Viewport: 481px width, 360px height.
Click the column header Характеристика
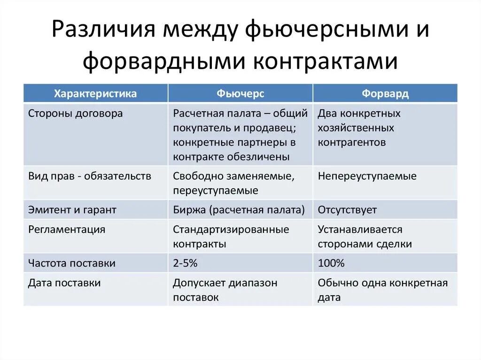click(x=95, y=93)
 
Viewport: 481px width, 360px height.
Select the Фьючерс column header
click(x=240, y=93)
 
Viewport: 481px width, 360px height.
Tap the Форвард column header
click(x=385, y=93)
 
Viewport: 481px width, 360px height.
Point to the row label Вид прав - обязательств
click(x=90, y=176)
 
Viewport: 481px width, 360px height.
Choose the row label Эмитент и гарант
click(x=72, y=210)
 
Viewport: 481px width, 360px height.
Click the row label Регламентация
click(x=67, y=230)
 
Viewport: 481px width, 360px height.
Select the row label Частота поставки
click(x=72, y=263)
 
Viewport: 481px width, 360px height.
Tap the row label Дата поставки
click(x=64, y=283)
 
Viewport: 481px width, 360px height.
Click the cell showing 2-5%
click(x=185, y=263)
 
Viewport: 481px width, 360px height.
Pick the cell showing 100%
click(x=331, y=263)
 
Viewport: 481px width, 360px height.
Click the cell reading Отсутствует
click(x=347, y=210)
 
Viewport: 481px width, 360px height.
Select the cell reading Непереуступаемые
click(x=367, y=176)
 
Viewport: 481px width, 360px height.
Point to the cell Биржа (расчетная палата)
click(x=239, y=210)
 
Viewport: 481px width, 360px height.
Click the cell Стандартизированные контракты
click(x=231, y=237)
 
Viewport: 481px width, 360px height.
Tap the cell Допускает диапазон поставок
click(x=225, y=290)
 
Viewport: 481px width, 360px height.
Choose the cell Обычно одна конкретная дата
click(x=383, y=290)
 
